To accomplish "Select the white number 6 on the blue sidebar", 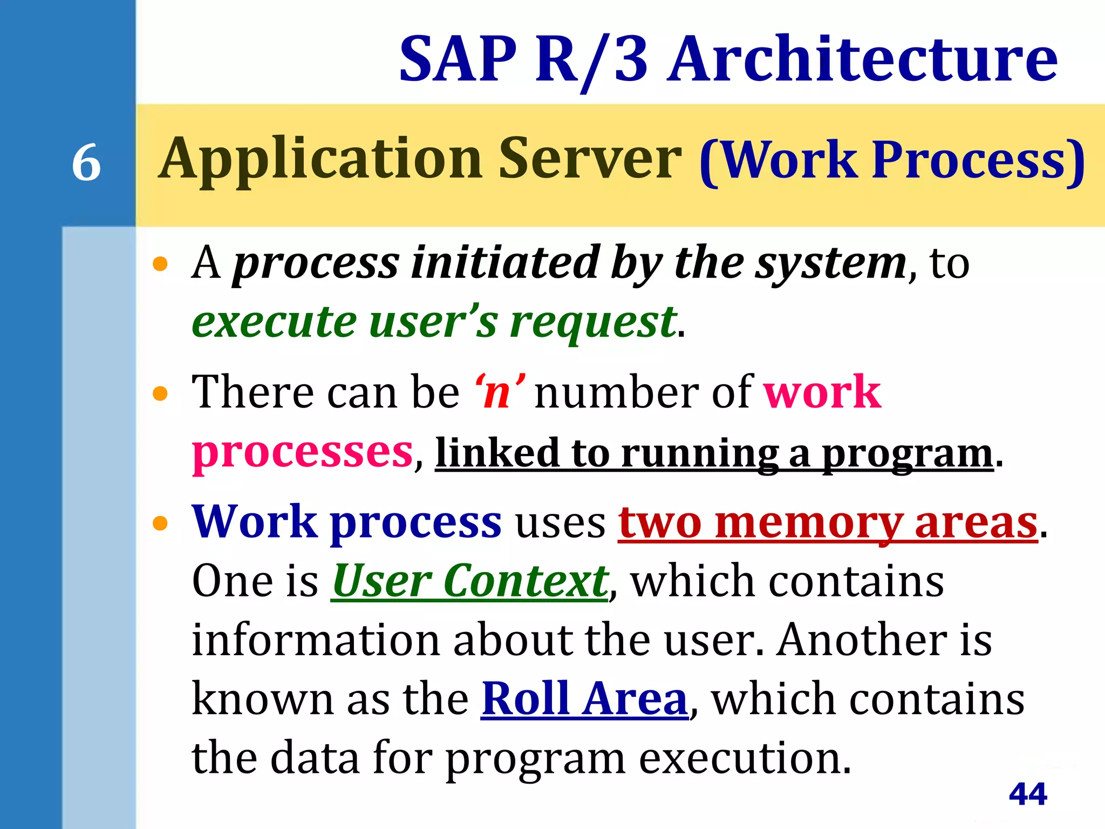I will click(x=86, y=162).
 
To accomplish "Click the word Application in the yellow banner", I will click(x=320, y=159).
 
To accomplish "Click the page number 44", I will click(x=1028, y=794).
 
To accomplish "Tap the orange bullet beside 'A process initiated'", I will click(x=160, y=264).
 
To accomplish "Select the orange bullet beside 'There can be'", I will click(x=160, y=393).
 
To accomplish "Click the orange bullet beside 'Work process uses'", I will click(x=160, y=523).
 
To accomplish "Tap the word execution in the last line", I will click(x=745, y=758).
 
